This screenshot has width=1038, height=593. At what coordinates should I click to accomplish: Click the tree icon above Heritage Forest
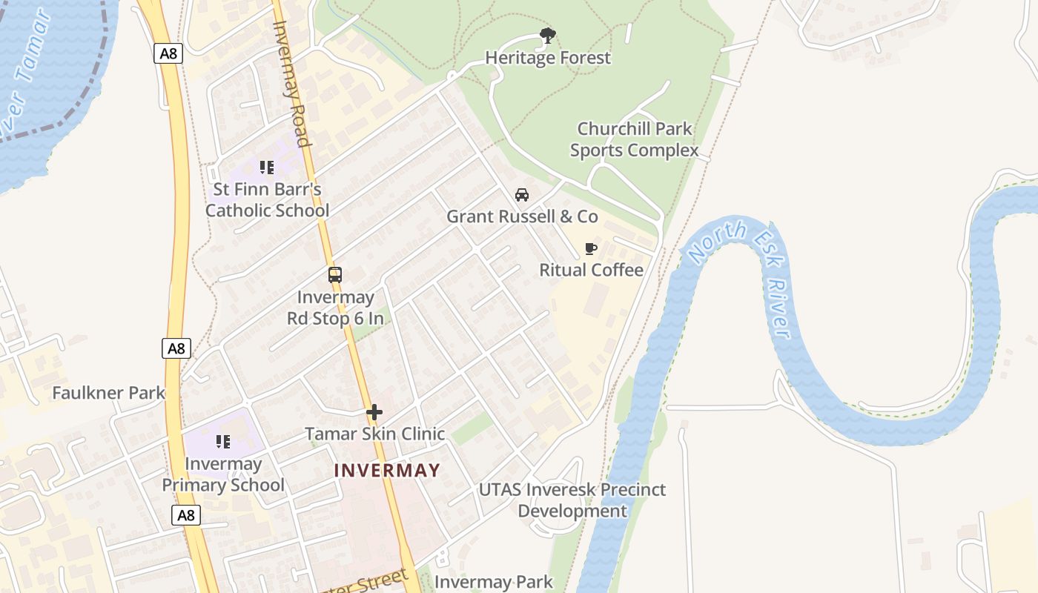pos(548,35)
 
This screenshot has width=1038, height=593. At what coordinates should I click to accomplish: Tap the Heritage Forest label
pos(548,58)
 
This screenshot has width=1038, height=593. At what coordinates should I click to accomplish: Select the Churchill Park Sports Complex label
pos(634,139)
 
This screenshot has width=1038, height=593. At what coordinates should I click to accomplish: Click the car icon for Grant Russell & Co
pos(522,195)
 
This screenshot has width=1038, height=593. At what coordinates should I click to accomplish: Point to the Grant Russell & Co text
pos(522,216)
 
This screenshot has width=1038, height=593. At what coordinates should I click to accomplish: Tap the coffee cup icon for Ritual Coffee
pos(591,248)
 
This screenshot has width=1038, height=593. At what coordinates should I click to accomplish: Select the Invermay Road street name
pos(291,83)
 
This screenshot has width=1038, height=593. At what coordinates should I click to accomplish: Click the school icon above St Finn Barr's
pos(267,168)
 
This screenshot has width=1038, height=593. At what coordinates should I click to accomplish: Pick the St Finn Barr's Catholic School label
pos(267,200)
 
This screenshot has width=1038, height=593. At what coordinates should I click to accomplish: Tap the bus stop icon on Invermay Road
pos(335,275)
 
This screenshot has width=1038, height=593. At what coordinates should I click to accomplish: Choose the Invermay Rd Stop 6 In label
pos(335,308)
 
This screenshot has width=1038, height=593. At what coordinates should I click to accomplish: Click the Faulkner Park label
pos(108,393)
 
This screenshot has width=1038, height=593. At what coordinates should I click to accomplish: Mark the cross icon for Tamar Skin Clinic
pos(374,412)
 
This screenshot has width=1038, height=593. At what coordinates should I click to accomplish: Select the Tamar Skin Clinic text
pos(374,434)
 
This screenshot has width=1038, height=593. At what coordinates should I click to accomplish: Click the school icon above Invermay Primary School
pos(223,442)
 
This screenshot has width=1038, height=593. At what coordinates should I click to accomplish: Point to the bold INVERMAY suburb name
pos(387,470)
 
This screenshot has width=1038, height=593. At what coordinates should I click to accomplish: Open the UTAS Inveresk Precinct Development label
pos(572,500)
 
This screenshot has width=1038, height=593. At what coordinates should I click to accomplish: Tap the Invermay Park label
pos(493,582)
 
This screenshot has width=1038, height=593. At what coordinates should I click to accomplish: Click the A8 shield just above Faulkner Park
pos(176,348)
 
